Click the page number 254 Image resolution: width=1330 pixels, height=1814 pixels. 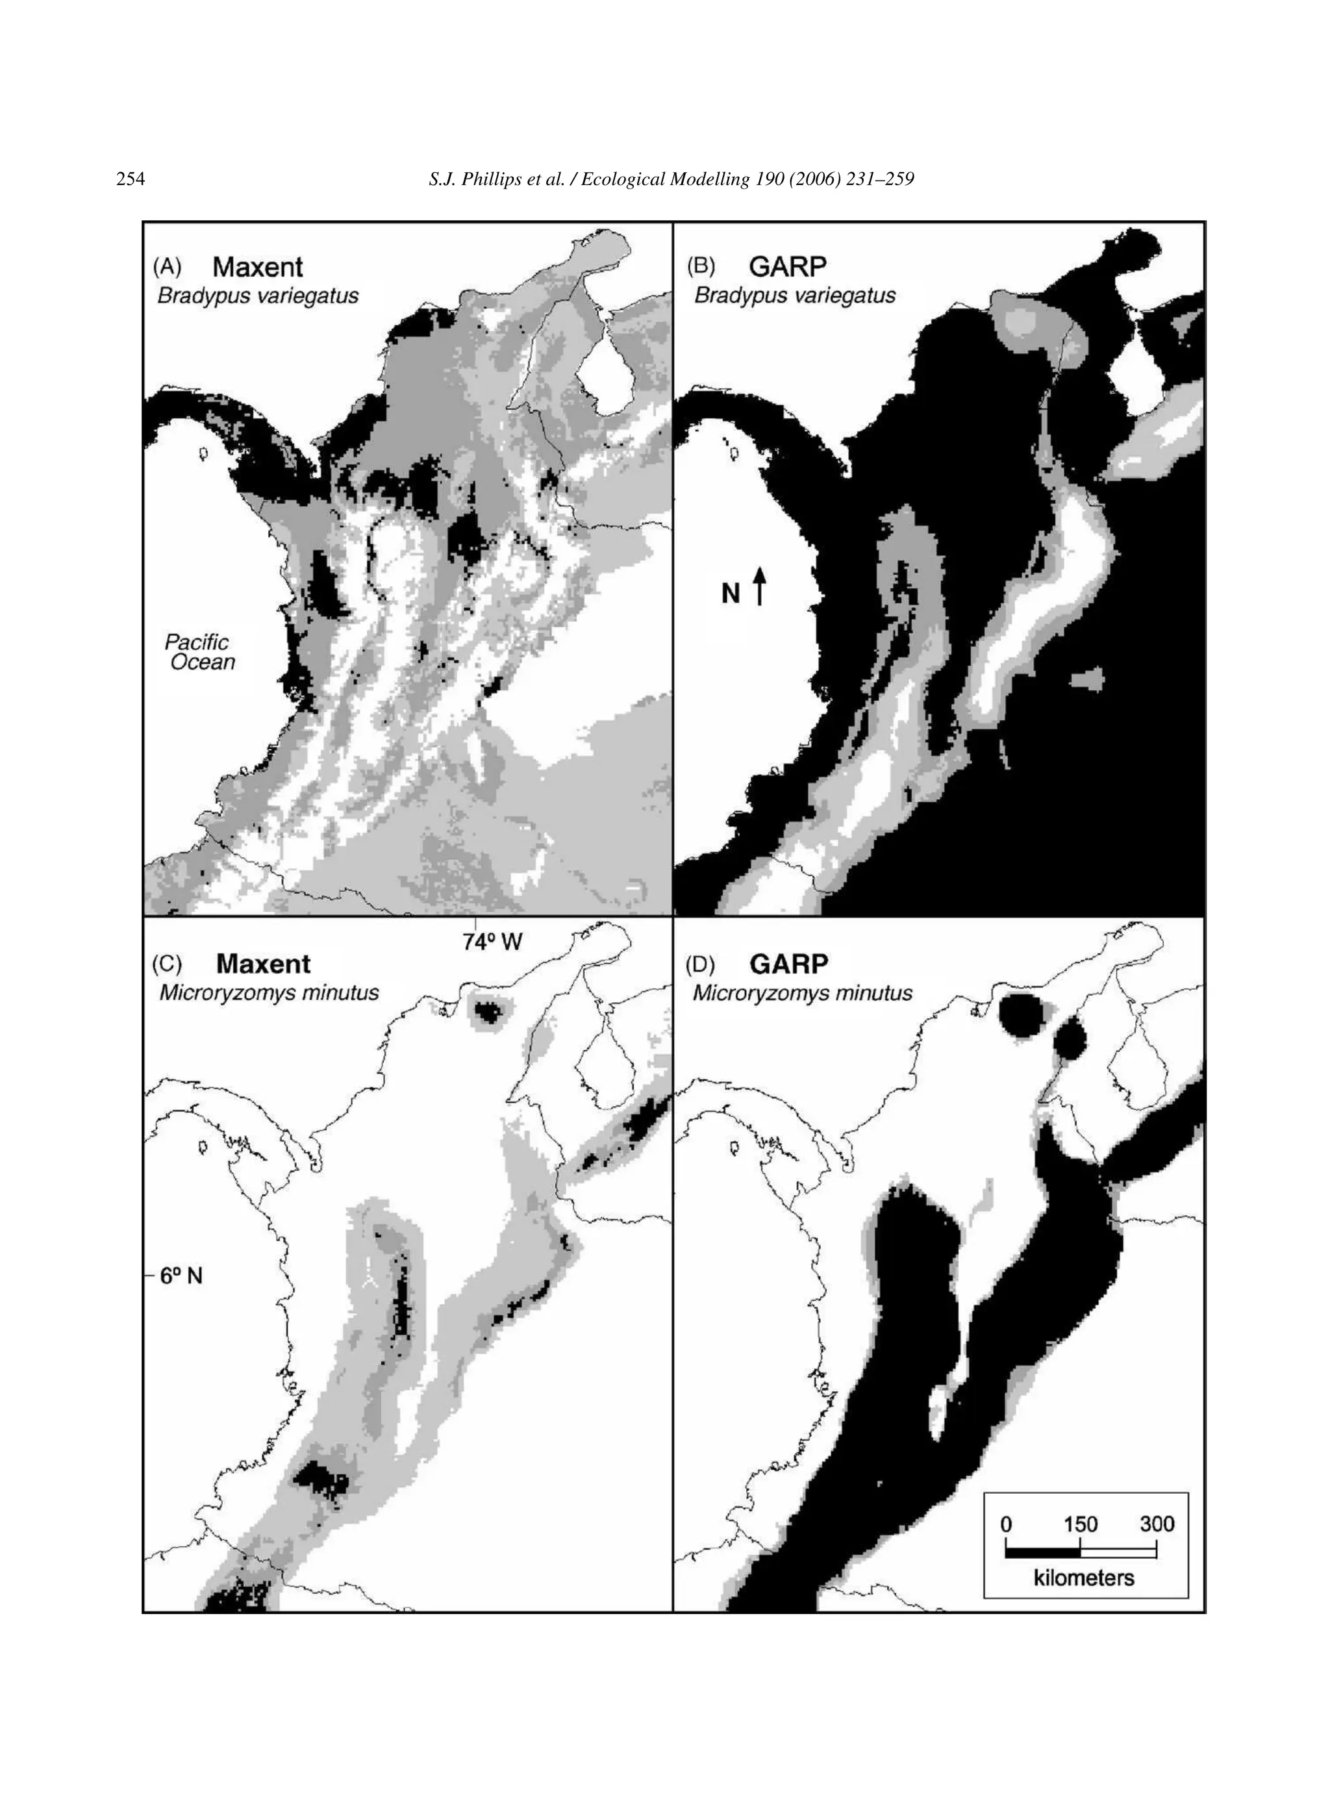click(x=131, y=179)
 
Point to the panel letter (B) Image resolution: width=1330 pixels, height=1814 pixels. click(x=701, y=266)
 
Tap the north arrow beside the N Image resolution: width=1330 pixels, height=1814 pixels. click(x=759, y=585)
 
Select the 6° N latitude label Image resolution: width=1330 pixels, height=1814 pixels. click(x=181, y=1276)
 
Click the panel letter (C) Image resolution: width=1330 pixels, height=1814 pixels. click(x=168, y=964)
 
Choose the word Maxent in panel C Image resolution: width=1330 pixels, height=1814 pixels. click(x=263, y=964)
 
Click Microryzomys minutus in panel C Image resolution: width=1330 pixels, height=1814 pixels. click(x=269, y=993)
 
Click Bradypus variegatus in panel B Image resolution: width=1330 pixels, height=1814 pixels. click(x=795, y=296)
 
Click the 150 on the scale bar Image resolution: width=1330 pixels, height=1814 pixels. click(x=1081, y=1524)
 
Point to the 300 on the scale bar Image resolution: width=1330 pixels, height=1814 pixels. click(x=1157, y=1524)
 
